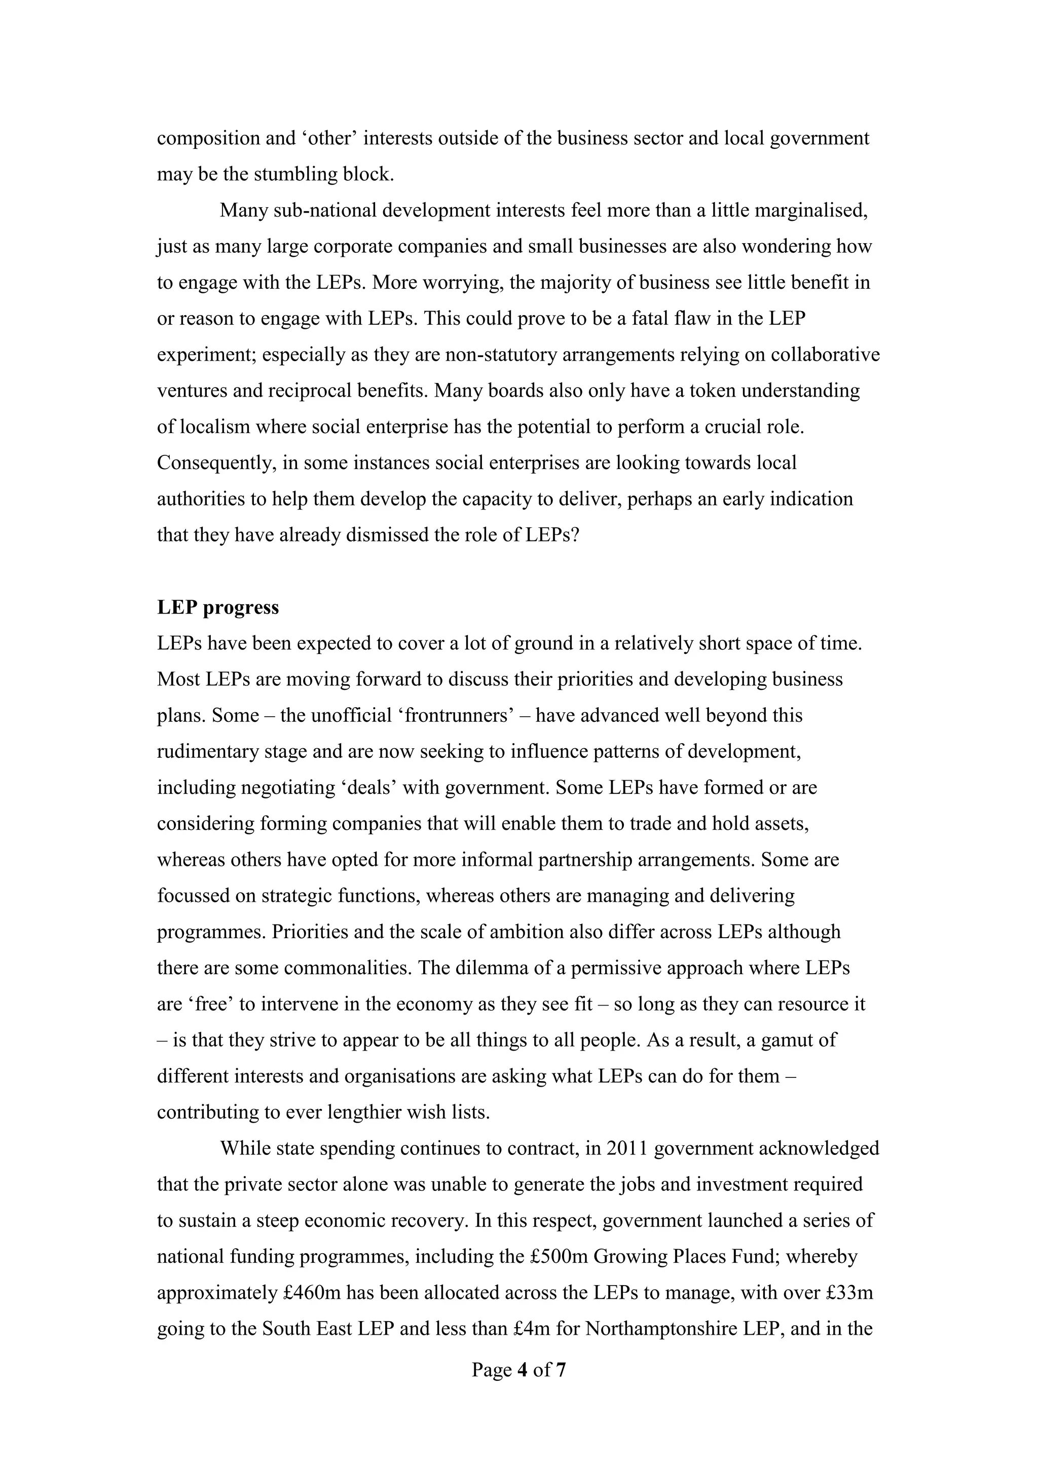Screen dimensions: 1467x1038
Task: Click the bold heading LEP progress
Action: click(x=218, y=607)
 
